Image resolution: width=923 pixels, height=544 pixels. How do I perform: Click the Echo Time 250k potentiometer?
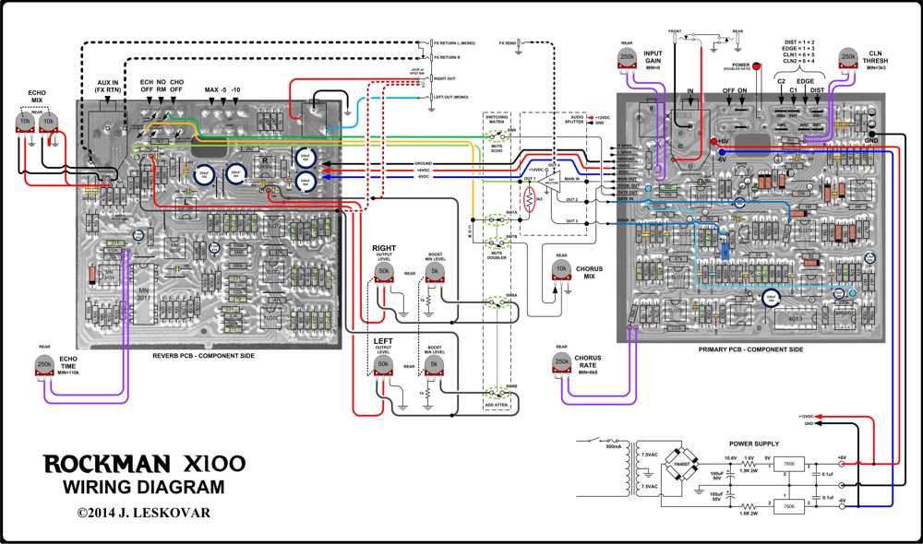point(44,366)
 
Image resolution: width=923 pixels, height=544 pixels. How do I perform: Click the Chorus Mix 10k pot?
point(560,269)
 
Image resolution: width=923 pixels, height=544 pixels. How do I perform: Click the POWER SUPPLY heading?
point(754,442)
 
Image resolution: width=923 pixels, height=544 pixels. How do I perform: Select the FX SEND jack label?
point(508,42)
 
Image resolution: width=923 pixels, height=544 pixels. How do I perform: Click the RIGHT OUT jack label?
point(446,79)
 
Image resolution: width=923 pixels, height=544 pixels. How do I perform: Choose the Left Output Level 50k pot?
point(383,366)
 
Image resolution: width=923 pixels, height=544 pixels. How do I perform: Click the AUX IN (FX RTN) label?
point(110,88)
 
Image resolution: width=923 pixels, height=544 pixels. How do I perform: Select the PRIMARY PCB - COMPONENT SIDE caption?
point(752,349)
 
